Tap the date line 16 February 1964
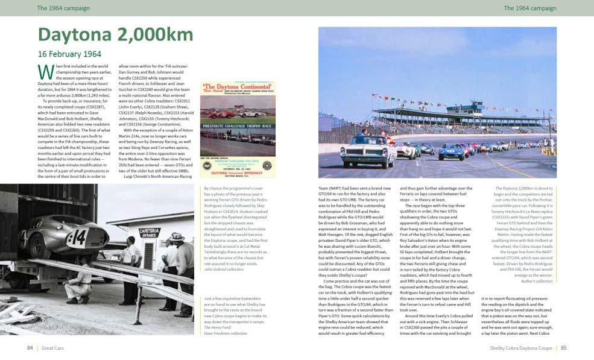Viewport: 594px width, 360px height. coord(69,54)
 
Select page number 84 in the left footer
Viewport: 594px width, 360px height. coord(30,348)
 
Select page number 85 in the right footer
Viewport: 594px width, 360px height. coord(563,348)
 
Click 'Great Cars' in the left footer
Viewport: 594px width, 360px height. coord(53,348)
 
